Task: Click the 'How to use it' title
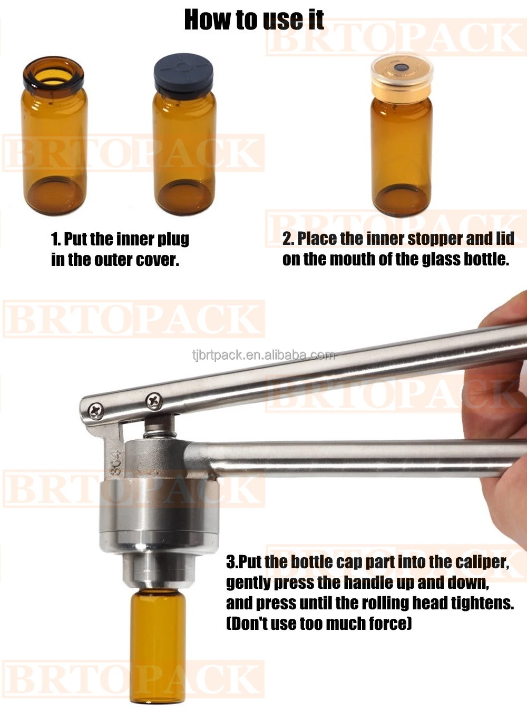pos(253,20)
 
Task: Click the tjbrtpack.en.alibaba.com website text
pos(263,355)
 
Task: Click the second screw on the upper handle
pos(154,401)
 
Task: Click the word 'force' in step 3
pos(390,624)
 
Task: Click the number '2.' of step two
pos(288,239)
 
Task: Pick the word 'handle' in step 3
pos(367,583)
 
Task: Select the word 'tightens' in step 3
pos(481,604)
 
